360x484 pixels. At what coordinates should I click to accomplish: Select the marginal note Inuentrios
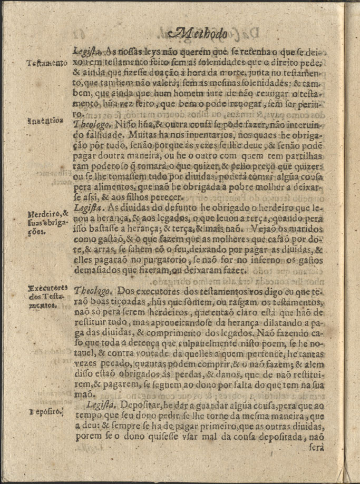tap(46, 120)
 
